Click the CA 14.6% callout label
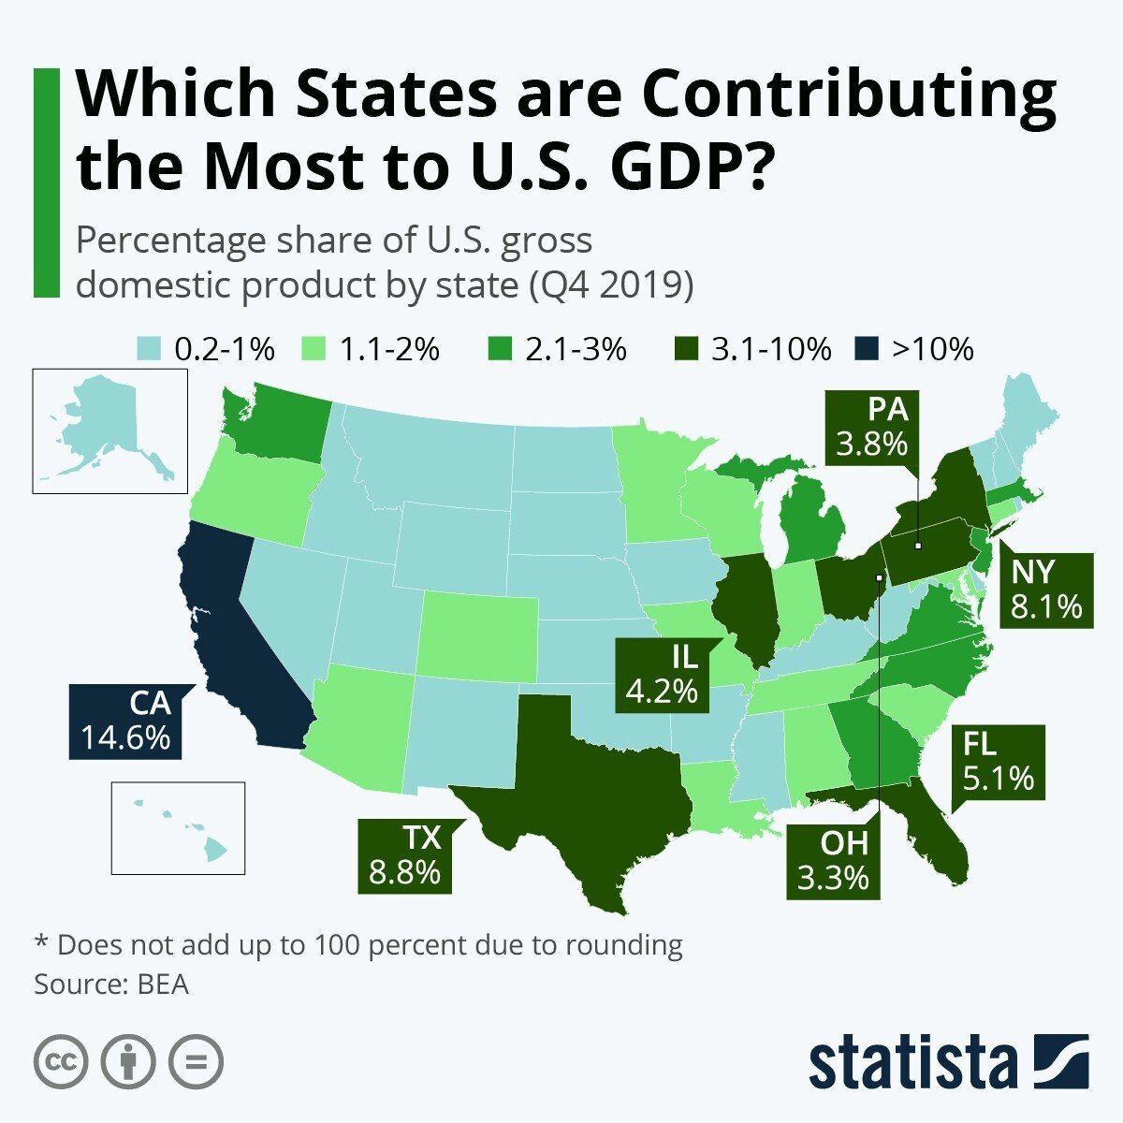125,721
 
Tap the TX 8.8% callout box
404,856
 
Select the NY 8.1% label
1045,590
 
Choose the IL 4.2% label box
662,674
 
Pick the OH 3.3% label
833,861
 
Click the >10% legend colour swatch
868,350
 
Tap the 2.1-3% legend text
576,350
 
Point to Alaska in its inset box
103,421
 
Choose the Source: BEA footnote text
111,984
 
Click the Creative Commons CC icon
62,1062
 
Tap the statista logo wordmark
912,1062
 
